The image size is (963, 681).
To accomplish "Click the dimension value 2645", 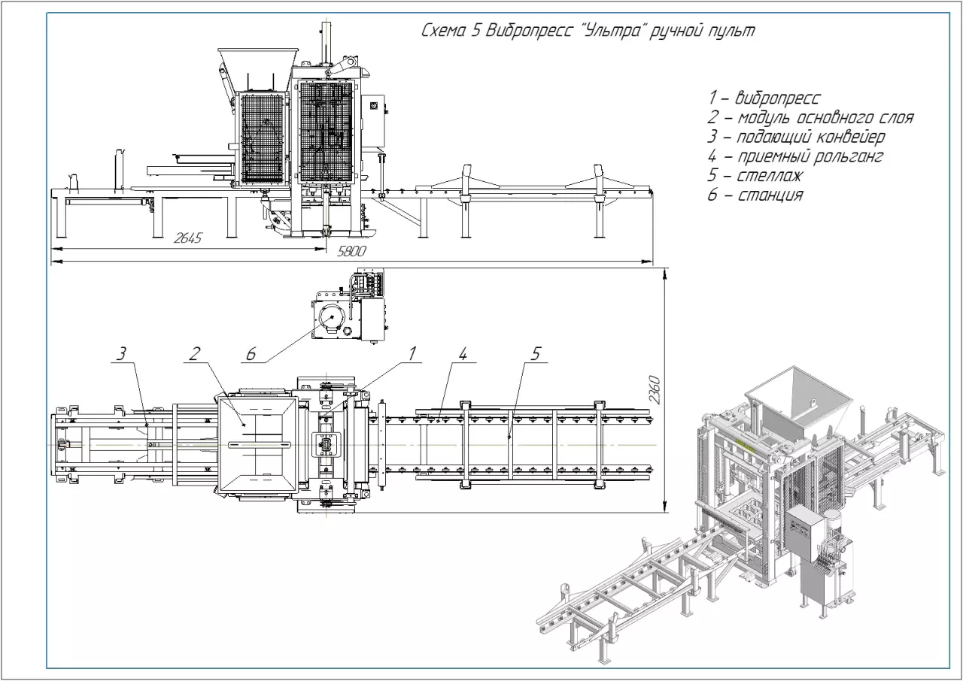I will point(187,238).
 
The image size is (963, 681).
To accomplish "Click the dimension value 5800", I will point(351,252).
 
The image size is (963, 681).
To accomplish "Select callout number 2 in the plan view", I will point(193,353).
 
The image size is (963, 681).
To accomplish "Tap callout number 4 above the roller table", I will point(464,353).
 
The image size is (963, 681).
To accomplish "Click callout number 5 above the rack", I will point(535,353).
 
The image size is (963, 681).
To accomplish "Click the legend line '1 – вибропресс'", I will point(764,98).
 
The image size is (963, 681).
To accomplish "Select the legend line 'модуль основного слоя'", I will point(811,117).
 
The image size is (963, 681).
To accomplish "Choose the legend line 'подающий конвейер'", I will point(796,137).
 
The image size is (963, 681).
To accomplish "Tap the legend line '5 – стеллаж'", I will point(755,176).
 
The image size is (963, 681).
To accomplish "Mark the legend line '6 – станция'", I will point(755,195).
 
